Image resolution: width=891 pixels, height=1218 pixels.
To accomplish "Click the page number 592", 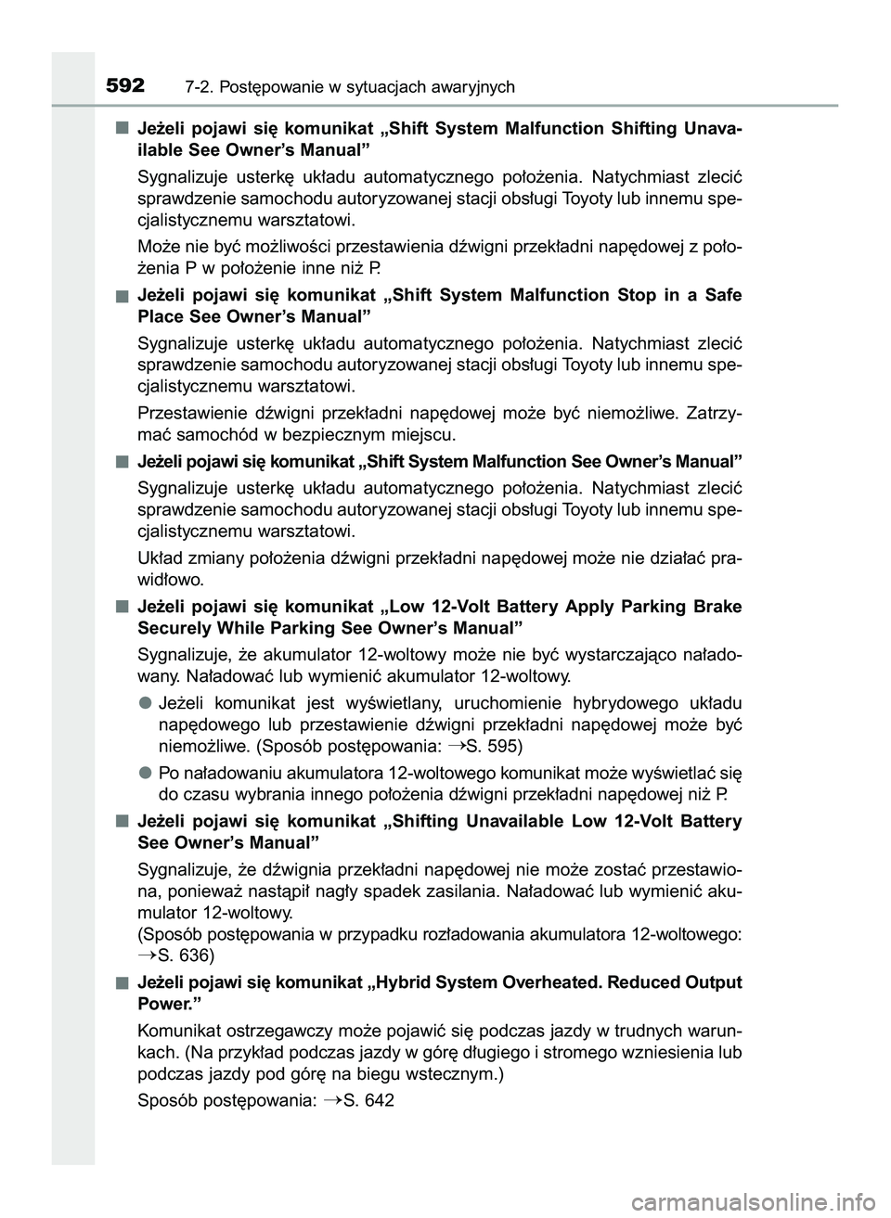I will click(x=125, y=86).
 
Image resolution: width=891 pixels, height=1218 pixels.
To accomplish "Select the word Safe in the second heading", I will click(x=723, y=295).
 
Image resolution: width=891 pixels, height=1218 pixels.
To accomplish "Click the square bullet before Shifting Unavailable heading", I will click(x=123, y=820).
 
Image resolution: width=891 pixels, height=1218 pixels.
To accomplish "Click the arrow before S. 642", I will click(x=333, y=1100).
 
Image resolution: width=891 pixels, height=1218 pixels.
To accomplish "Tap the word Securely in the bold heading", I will click(x=169, y=628).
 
